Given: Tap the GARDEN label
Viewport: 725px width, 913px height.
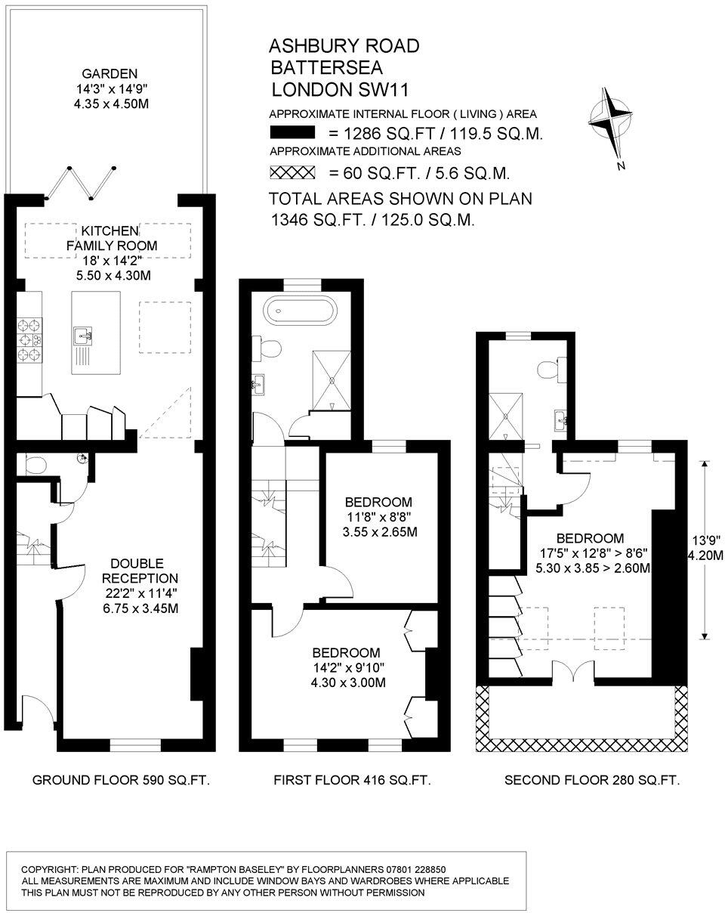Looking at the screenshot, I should pyautogui.click(x=110, y=74).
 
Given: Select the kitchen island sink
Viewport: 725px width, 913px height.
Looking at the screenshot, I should pyautogui.click(x=83, y=335).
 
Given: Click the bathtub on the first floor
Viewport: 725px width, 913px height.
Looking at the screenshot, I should pyautogui.click(x=297, y=310).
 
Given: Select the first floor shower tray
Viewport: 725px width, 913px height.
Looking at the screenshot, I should pyautogui.click(x=332, y=381).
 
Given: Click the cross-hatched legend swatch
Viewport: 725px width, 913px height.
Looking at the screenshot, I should pyautogui.click(x=292, y=173).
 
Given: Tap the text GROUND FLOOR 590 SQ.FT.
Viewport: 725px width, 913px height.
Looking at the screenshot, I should pyautogui.click(x=121, y=780).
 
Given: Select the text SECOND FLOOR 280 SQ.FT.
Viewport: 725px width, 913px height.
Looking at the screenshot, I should pyautogui.click(x=592, y=780).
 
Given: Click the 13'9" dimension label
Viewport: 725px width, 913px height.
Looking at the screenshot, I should pyautogui.click(x=708, y=540).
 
